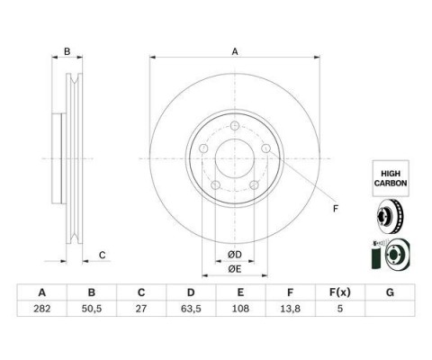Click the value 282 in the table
(42, 309)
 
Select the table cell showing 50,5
(92, 309)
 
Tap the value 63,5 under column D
(191, 309)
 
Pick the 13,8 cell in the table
(290, 309)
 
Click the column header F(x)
(340, 292)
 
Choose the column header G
(390, 292)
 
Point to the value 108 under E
(240, 309)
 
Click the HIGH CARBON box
(391, 178)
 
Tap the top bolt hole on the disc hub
(235, 126)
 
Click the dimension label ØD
(235, 255)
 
